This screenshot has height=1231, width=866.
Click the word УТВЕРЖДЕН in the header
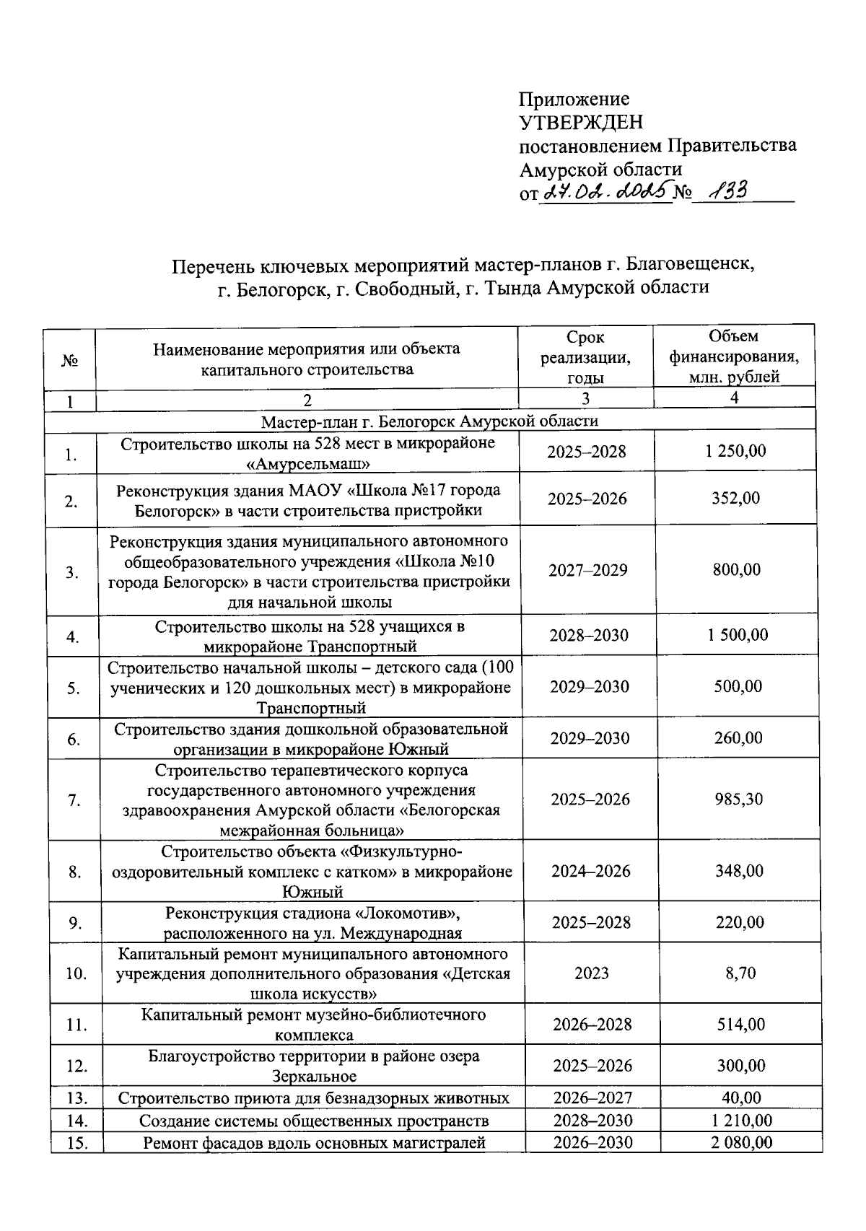coord(580,122)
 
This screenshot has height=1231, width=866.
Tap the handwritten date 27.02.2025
coord(605,191)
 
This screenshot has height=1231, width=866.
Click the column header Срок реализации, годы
coord(585,357)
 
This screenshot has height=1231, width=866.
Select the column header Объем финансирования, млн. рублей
coord(734,356)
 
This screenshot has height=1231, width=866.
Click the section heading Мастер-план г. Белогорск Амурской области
coord(429,421)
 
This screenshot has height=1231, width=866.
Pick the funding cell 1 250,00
coord(736,452)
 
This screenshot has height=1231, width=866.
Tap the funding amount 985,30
coord(738,799)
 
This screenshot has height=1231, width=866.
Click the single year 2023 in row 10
coord(592,973)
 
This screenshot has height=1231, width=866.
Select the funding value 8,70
coord(740,973)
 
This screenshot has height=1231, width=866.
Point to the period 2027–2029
coord(588,571)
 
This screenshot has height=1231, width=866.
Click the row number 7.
coord(74,800)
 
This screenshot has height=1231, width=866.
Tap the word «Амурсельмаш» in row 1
coord(309,463)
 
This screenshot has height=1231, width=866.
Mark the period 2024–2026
coord(591,871)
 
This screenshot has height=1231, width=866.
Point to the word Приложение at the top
coord(574,99)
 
